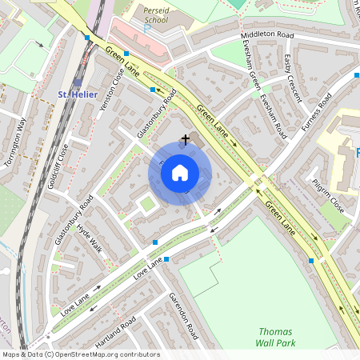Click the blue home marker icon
coord(180,172)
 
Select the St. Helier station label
coord(78,94)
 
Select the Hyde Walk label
coord(90,238)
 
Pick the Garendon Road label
coord(183,315)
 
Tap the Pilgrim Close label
coord(326,196)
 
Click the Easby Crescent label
coord(294,78)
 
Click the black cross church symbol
coord(186,139)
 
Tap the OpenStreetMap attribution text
coord(80,354)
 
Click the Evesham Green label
coord(254,78)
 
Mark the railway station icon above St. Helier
coord(78,82)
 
